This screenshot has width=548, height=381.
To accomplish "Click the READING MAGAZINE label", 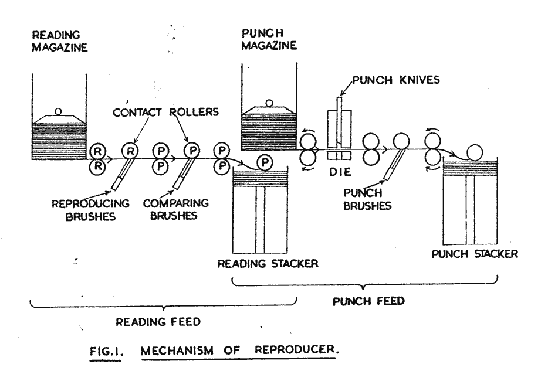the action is (x=59, y=41).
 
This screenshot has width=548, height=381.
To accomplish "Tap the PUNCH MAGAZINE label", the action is (x=269, y=39).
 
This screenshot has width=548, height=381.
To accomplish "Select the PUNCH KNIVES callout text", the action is (x=396, y=80).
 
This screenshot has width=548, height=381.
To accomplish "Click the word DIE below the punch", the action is (x=340, y=172).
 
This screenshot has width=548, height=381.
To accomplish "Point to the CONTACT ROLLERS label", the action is (x=165, y=112).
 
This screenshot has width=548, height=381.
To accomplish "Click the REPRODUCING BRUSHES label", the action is (x=90, y=210).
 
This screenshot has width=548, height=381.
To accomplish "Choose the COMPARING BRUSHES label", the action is (x=176, y=209).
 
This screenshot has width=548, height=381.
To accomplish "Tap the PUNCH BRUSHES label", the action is (x=367, y=199).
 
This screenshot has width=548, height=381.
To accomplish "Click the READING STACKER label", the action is (x=268, y=263).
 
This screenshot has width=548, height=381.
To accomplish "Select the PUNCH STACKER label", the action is (x=475, y=254).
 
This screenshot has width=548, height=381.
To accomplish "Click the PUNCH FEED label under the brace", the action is (x=368, y=301).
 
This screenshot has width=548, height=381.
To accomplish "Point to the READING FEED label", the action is (x=158, y=321).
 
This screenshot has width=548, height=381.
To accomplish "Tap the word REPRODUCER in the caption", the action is (x=296, y=349).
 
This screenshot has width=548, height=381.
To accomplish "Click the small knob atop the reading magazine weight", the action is (x=58, y=112).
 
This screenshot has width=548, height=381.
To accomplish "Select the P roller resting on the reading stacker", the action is (x=265, y=162).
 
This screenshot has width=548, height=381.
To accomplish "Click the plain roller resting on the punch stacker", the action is (x=474, y=152).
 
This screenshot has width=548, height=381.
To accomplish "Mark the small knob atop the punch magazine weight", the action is (x=269, y=103).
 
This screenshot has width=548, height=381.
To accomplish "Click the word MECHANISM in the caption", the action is (x=177, y=351).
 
